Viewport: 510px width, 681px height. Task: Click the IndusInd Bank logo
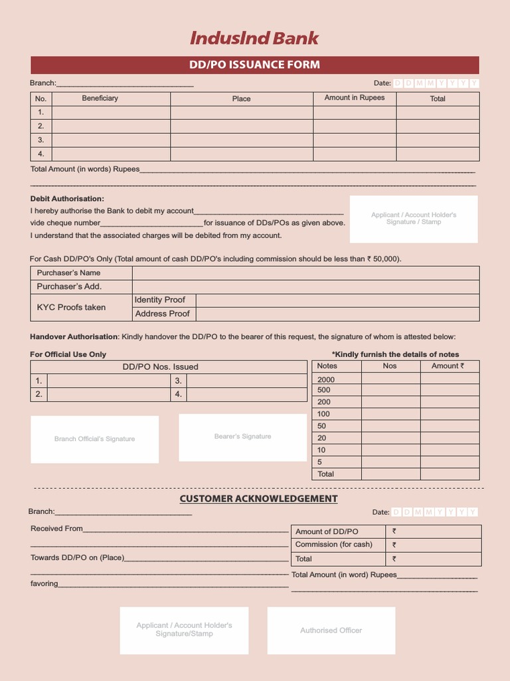click(x=254, y=39)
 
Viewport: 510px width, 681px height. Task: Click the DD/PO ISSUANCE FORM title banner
click(x=254, y=65)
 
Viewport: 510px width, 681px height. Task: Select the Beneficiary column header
click(x=100, y=98)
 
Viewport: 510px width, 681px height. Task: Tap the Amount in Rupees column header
click(x=354, y=98)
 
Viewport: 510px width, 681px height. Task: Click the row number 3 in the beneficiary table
click(x=41, y=140)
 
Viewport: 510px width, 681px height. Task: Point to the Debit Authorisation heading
click(x=67, y=199)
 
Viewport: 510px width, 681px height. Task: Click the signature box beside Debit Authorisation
click(x=413, y=219)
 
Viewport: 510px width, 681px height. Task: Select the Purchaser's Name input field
click(x=305, y=273)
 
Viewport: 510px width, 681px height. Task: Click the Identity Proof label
click(x=160, y=300)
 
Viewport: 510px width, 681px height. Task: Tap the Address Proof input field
click(x=337, y=314)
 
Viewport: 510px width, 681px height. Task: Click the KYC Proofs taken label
click(x=71, y=307)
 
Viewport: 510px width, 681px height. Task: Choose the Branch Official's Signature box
click(x=94, y=439)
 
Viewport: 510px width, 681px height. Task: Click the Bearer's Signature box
click(x=242, y=437)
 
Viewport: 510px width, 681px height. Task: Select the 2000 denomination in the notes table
click(x=326, y=380)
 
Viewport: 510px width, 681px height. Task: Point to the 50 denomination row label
click(x=321, y=426)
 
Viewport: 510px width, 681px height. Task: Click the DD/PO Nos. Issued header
click(x=160, y=367)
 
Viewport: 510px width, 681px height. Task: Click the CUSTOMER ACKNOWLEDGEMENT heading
click(x=258, y=499)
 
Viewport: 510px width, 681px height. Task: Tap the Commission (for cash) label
click(x=333, y=545)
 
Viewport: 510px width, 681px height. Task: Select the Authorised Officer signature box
click(x=331, y=630)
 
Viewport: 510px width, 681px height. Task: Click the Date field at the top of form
click(x=435, y=83)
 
